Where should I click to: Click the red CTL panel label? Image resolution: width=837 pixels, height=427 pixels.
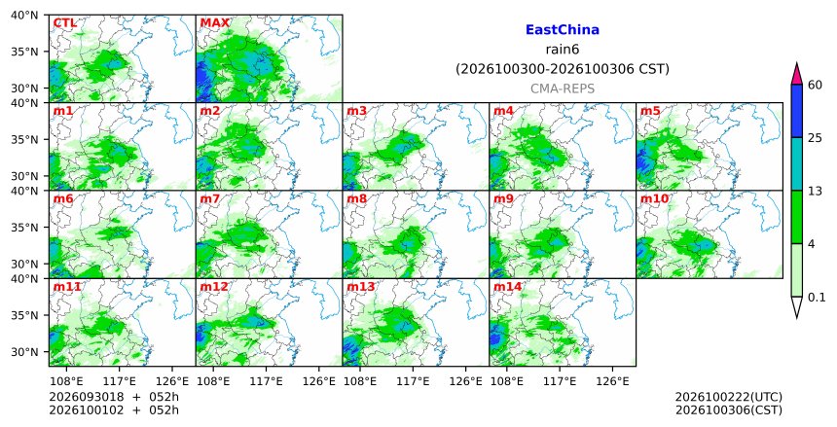click(x=64, y=23)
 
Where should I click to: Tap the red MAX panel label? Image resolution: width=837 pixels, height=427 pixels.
click(x=214, y=23)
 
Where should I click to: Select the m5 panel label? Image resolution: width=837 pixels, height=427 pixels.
click(x=650, y=111)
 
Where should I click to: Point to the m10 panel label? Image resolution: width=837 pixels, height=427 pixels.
click(x=654, y=199)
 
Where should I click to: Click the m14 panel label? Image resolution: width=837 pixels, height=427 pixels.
click(x=507, y=287)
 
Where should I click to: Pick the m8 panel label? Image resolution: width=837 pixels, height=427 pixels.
click(x=357, y=199)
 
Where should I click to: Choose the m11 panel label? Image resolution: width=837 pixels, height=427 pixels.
click(x=67, y=287)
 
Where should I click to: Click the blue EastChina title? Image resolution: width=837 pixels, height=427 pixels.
click(x=563, y=30)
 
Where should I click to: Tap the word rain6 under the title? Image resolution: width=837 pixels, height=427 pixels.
click(x=563, y=50)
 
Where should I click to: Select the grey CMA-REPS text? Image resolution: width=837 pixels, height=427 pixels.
click(x=563, y=89)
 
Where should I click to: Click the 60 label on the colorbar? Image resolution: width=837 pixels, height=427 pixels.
click(x=815, y=85)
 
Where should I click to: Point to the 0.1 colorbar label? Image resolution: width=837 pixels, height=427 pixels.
click(x=817, y=298)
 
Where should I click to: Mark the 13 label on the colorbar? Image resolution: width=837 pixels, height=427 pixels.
click(x=815, y=191)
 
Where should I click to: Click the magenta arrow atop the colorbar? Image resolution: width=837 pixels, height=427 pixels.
click(x=796, y=74)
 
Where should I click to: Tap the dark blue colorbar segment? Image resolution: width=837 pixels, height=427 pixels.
click(x=796, y=111)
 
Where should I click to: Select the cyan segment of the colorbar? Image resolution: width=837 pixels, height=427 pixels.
click(x=796, y=163)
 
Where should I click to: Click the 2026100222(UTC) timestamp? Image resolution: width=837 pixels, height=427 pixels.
click(x=729, y=397)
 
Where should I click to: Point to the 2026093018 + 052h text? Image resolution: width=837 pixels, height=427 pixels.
click(x=114, y=397)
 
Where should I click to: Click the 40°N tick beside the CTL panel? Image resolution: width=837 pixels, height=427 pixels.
click(x=24, y=15)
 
